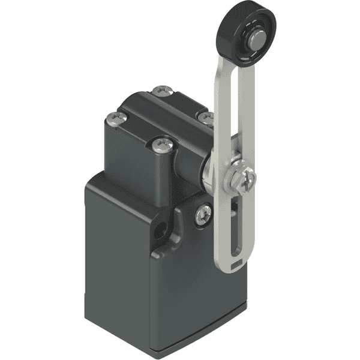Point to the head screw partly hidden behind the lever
coord(205,116)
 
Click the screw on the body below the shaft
coord(203,212)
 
